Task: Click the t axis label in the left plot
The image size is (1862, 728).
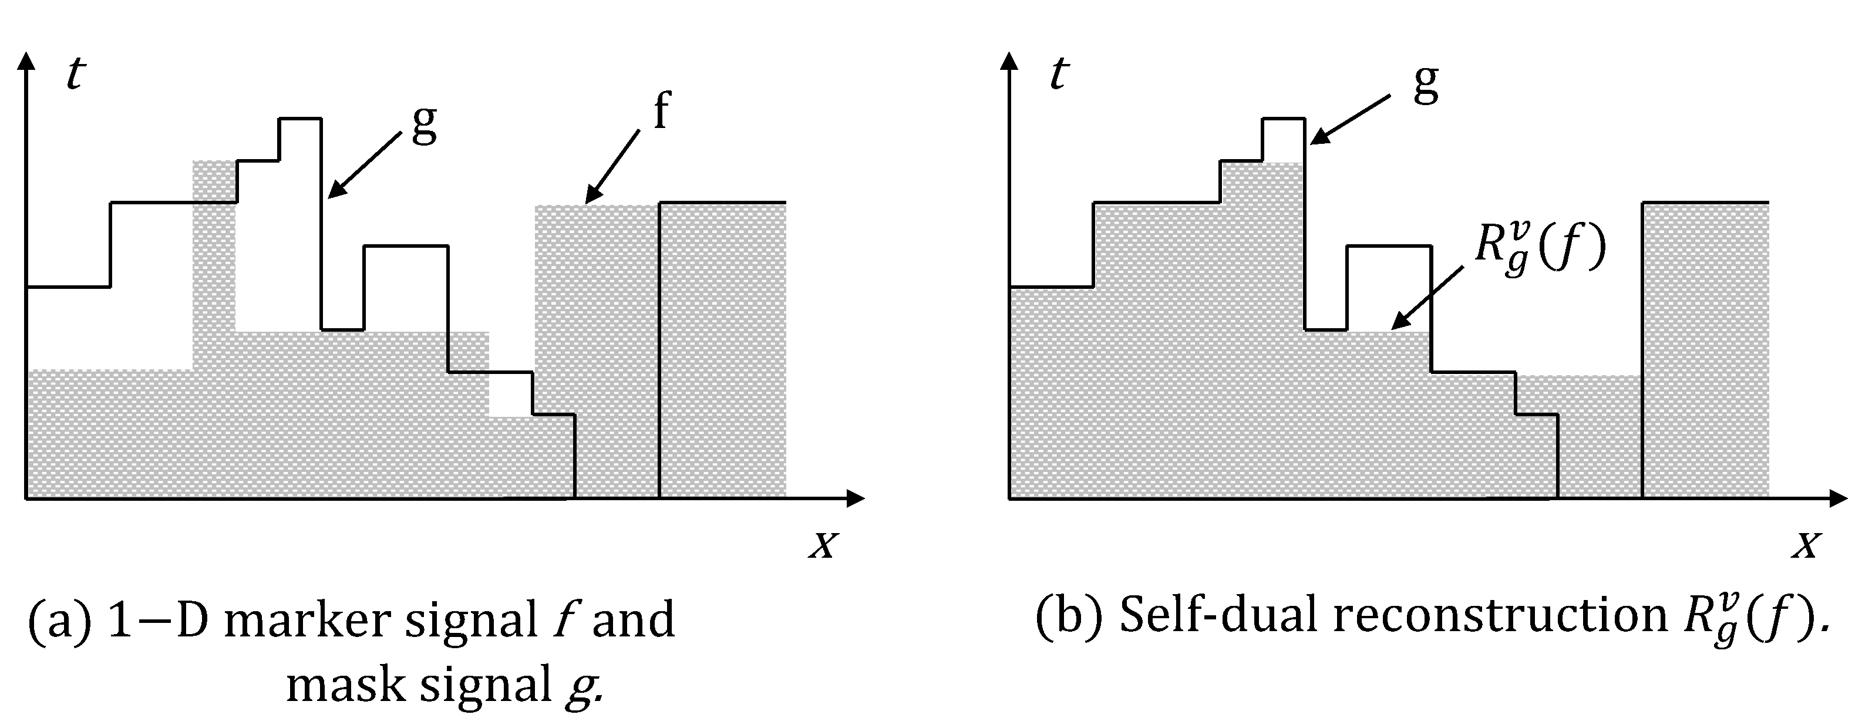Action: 75,74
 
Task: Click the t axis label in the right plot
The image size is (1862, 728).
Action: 1058,74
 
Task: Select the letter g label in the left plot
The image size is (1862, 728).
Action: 425,124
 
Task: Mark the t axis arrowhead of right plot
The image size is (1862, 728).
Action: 1009,62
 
